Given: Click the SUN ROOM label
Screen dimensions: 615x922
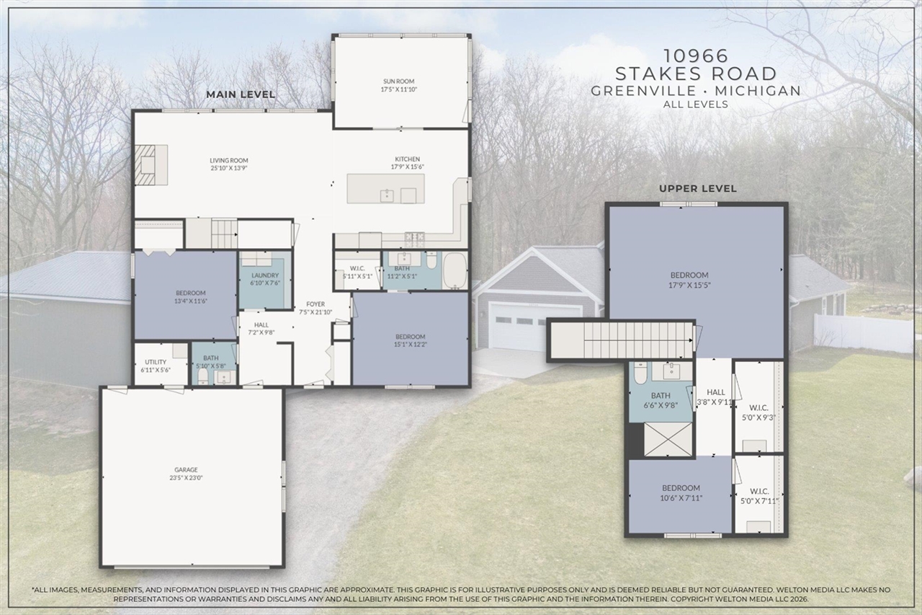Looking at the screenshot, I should click(x=398, y=81).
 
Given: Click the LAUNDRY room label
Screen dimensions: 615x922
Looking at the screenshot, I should click(x=260, y=275).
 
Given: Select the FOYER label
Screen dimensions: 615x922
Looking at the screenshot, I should click(x=315, y=304).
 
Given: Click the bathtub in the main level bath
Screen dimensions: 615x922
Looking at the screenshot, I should click(x=454, y=270).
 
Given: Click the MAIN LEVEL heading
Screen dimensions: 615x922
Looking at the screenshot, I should click(x=241, y=94).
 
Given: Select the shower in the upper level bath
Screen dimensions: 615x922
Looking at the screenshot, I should click(x=668, y=439).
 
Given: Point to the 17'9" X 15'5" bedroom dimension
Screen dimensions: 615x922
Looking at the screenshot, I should click(x=689, y=284).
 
